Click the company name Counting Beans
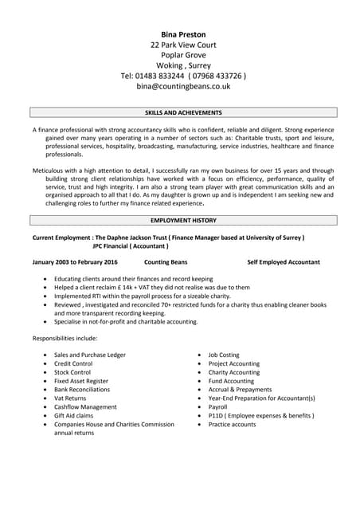(166, 261)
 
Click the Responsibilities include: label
(66, 339)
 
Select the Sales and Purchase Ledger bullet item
(89, 355)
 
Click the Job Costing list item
(224, 355)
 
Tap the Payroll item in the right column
(217, 406)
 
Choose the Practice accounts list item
(232, 424)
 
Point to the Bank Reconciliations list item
(82, 390)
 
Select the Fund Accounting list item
(231, 381)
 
